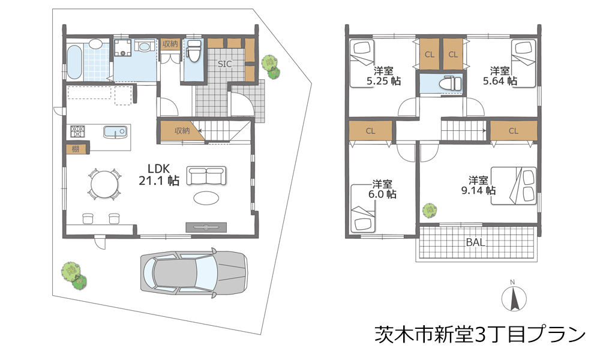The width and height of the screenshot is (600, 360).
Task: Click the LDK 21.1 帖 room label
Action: tap(159, 175)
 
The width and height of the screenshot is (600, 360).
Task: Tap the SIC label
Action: tap(224, 64)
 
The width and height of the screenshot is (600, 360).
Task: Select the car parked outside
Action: tap(194, 272)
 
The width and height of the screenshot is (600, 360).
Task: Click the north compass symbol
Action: tap(514, 296)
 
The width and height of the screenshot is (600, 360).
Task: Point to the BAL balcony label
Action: tap(475, 242)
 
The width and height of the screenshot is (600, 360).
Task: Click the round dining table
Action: tap(104, 184)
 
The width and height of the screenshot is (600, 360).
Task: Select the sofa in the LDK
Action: tap(206, 176)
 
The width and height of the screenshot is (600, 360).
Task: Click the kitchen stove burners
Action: tap(78, 131)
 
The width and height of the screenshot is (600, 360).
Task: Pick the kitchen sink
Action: tap(115, 131)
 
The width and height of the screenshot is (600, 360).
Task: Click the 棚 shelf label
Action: tap(76, 149)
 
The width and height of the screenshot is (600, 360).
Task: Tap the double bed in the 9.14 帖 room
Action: tap(514, 185)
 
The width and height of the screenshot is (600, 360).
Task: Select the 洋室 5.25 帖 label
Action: tap(383, 76)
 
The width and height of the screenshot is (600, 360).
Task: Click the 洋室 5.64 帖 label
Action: tap(500, 76)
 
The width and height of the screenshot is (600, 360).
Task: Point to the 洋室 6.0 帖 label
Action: tap(382, 189)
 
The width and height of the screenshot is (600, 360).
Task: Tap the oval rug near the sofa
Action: tap(206, 198)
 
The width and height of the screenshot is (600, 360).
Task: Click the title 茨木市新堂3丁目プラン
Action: tap(480, 334)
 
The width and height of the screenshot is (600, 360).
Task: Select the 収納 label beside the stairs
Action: tap(182, 131)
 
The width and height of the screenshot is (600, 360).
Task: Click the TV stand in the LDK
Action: tap(206, 227)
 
